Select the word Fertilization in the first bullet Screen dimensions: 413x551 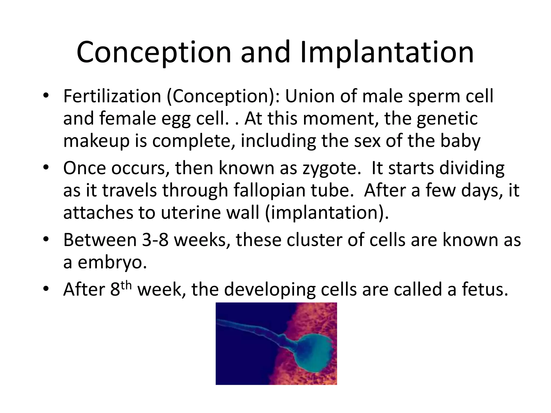coord(112,96)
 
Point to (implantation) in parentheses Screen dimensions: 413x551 coord(327,213)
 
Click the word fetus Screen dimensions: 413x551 coord(485,290)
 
